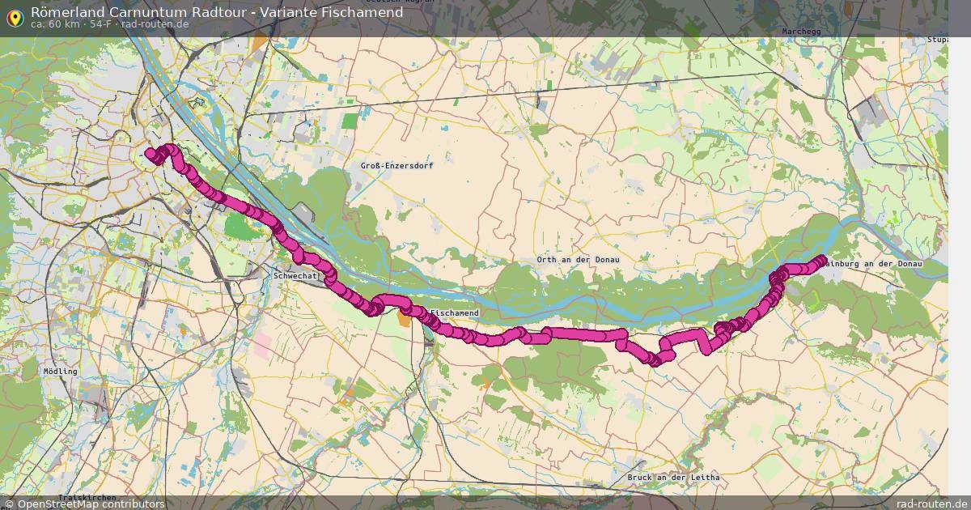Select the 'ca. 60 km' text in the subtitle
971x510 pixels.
coord(55,24)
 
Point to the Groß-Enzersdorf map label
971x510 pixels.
coord(396,165)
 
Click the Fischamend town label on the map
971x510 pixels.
coord(456,313)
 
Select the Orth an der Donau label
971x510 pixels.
coord(578,260)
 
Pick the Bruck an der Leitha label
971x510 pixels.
coord(673,478)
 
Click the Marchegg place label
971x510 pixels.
coord(803,32)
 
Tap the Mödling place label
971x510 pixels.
coord(61,372)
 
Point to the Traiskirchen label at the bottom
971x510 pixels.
coord(87,497)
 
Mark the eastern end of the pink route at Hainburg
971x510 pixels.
coord(822,260)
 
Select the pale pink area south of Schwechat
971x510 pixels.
coord(263,346)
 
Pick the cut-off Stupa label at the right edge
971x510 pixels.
coord(938,39)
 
